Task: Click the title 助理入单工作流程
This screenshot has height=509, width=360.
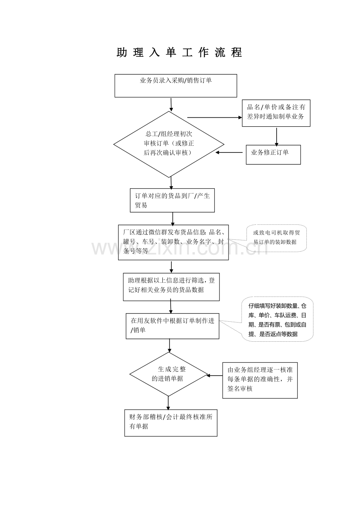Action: [180, 53]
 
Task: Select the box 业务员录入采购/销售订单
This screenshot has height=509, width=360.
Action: [176, 86]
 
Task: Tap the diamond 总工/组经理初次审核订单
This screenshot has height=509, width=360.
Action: [169, 144]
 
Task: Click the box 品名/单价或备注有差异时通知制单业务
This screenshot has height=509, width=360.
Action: [276, 113]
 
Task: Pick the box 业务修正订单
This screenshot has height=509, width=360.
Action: [273, 154]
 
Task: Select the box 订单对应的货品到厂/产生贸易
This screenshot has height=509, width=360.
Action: [172, 201]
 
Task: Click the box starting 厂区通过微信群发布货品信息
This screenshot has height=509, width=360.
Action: [173, 242]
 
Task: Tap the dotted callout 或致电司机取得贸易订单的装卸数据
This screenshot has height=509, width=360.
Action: [276, 237]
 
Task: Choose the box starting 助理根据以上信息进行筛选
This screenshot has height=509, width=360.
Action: [171, 287]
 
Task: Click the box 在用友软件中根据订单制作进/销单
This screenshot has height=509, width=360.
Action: [172, 326]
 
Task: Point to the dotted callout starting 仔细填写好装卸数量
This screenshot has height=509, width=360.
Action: [277, 319]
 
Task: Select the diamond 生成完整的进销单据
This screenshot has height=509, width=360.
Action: [168, 374]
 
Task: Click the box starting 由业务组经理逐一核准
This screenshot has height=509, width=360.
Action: [260, 380]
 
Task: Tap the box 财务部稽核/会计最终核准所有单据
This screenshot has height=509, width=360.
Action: [171, 423]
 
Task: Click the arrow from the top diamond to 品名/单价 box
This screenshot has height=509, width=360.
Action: [214, 117]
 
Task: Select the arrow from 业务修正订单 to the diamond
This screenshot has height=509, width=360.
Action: [230, 152]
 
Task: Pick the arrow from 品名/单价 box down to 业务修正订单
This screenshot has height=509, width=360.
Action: [276, 136]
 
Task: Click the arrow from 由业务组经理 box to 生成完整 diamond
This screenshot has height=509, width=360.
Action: [214, 376]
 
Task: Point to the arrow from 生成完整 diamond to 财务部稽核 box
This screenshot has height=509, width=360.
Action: [168, 403]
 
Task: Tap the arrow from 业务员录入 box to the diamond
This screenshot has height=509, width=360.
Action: [171, 104]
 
